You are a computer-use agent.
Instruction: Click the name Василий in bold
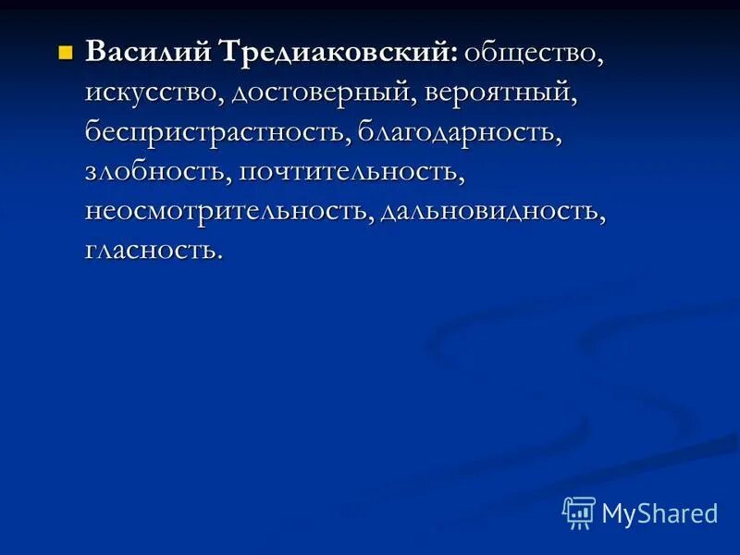tap(147, 53)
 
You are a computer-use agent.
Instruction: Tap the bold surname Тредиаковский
tap(336, 55)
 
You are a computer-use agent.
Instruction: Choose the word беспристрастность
tap(215, 132)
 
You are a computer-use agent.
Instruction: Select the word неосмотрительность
tap(229, 211)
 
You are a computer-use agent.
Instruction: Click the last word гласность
tap(151, 250)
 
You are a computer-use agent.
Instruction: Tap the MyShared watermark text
tap(660, 513)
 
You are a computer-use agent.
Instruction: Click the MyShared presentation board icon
tap(579, 512)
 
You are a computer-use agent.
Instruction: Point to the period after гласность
tap(219, 257)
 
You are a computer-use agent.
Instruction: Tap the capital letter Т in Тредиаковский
tap(230, 53)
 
